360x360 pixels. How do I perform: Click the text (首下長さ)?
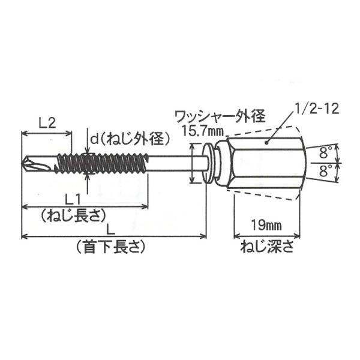pyautogui.click(x=113, y=246)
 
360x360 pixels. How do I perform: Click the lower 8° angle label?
pyautogui.click(x=326, y=170)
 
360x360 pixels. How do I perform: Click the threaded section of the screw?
pyautogui.click(x=102, y=162)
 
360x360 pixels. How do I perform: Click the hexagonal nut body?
pyautogui.click(x=264, y=162)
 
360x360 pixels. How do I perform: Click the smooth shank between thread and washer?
pyautogui.click(x=174, y=162)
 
